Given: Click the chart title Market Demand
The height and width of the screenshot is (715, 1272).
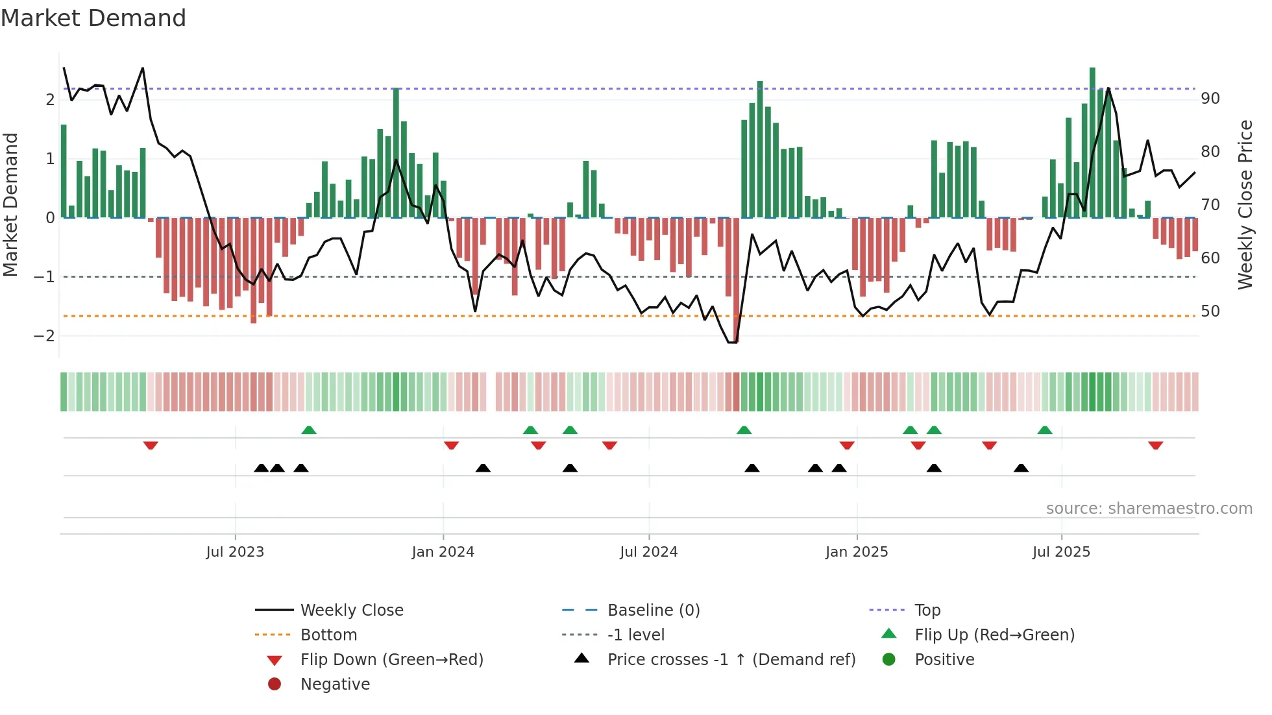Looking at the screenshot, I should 93,18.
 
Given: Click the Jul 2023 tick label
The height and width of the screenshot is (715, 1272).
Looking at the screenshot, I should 235,552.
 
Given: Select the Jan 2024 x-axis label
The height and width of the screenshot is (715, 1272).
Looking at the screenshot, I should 443,552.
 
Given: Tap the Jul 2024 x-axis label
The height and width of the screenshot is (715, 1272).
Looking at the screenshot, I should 648,552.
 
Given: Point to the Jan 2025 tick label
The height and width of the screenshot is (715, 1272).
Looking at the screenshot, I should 857,552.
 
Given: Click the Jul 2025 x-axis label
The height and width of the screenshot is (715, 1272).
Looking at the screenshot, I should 1061,552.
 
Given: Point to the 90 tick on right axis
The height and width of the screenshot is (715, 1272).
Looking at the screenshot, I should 1210,99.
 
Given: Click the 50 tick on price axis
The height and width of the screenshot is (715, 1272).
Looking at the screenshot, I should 1210,311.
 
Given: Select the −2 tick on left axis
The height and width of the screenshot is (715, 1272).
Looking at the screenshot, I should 44,336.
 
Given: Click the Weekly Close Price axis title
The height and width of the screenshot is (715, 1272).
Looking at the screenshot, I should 1245,204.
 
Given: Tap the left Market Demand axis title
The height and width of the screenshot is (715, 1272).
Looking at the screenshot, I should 10,204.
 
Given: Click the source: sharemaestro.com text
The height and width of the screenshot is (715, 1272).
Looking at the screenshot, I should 1149,509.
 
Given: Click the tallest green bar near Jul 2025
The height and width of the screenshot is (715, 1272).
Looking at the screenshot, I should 1092,143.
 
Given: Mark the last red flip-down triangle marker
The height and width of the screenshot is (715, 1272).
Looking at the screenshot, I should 1155,445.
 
